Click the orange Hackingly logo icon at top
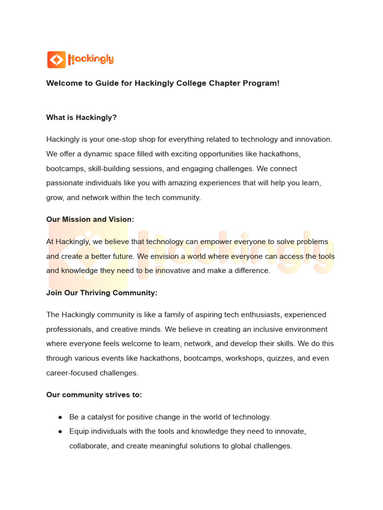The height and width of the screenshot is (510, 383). pos(56,60)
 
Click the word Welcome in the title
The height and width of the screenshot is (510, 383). pos(64,83)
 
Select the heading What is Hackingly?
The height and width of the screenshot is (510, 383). pos(81,118)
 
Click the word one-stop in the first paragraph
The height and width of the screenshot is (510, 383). pos(141,139)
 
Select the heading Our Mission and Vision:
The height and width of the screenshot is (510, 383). pos(90,220)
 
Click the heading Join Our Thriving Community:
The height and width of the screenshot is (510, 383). pos(102,293)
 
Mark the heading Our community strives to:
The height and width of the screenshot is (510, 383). pos(94,395)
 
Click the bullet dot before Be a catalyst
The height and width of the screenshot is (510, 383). pos(60,417)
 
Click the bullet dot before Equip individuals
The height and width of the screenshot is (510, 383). pos(60,431)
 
